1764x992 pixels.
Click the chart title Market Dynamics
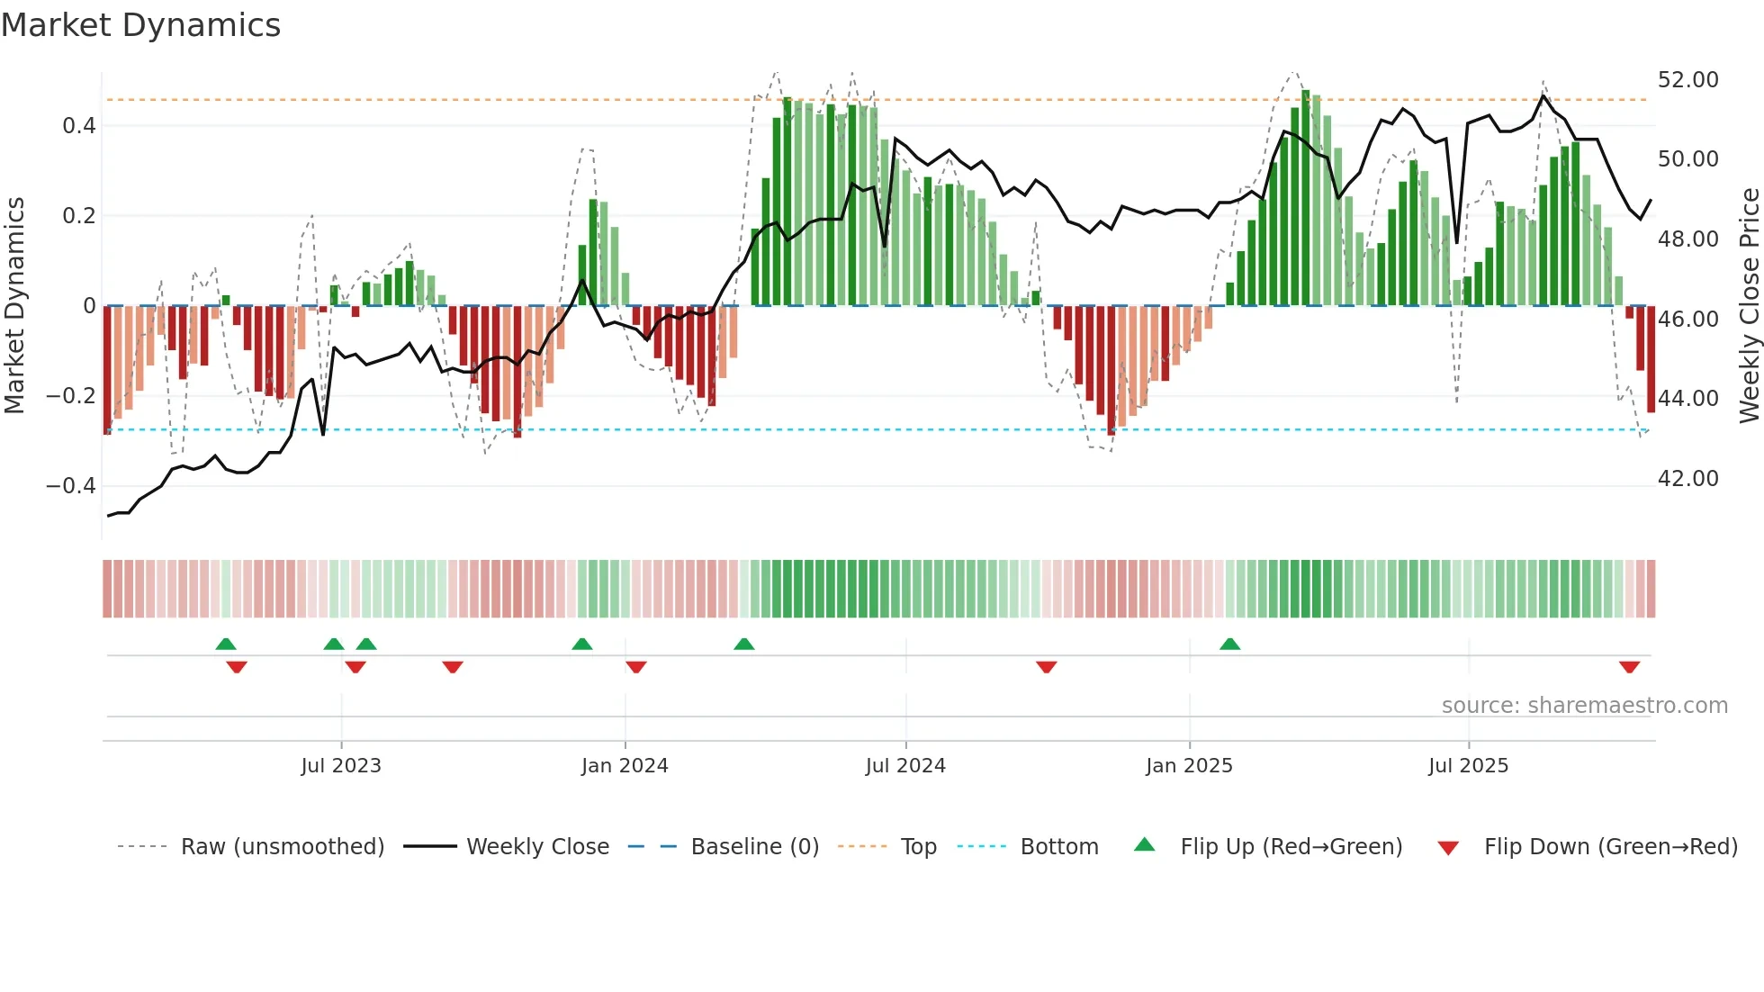[140, 25]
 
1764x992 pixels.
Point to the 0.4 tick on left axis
[79, 126]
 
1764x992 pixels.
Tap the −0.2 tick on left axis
[71, 396]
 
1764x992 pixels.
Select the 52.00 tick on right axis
[1687, 80]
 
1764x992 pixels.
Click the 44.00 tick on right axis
[1687, 399]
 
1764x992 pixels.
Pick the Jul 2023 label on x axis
[341, 766]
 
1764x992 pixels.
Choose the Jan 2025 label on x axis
[1189, 766]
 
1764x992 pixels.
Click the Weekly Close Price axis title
[1749, 306]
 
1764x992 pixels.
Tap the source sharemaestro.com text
[1584, 706]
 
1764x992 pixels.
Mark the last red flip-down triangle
[1629, 667]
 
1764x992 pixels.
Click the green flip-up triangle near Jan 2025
[1229, 644]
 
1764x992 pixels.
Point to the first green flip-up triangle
[226, 644]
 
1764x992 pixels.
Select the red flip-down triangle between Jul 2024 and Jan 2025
[1046, 667]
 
